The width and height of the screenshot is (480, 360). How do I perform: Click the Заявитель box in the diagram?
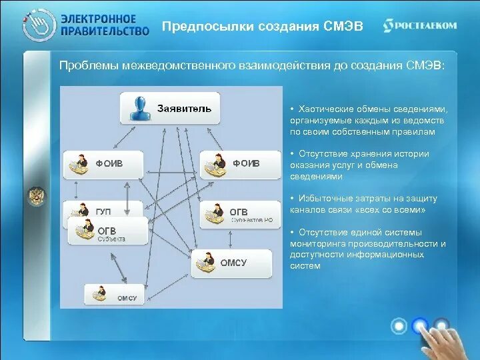[170, 108]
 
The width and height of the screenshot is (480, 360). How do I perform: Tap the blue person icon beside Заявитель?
[140, 109]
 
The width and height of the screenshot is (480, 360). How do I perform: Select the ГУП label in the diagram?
[103, 211]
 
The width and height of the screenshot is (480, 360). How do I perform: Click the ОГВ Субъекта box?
[107, 231]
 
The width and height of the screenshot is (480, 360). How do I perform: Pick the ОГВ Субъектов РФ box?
[241, 215]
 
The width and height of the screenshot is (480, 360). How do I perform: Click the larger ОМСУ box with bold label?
[231, 263]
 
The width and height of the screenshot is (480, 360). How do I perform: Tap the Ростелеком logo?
[420, 25]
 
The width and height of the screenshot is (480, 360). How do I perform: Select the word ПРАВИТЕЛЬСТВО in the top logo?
[105, 31]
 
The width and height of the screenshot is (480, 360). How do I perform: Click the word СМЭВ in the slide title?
[343, 26]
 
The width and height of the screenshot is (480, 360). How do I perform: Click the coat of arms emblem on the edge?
[34, 196]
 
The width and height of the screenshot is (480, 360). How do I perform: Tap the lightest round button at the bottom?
[399, 325]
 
